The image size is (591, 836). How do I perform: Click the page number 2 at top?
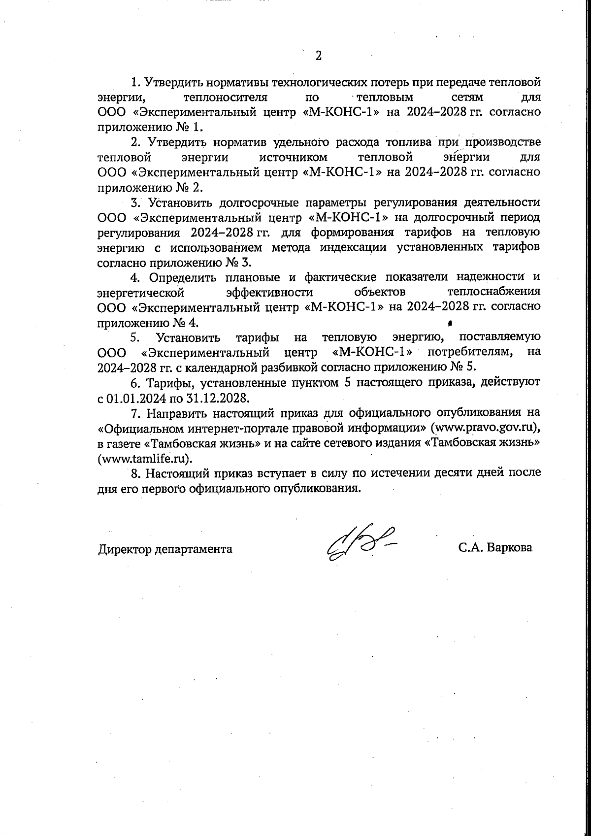(318, 55)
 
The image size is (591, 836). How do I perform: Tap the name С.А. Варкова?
(495, 548)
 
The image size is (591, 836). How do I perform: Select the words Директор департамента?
(165, 549)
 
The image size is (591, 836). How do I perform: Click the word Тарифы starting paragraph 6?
(164, 382)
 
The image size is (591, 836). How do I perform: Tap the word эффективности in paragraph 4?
(269, 292)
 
